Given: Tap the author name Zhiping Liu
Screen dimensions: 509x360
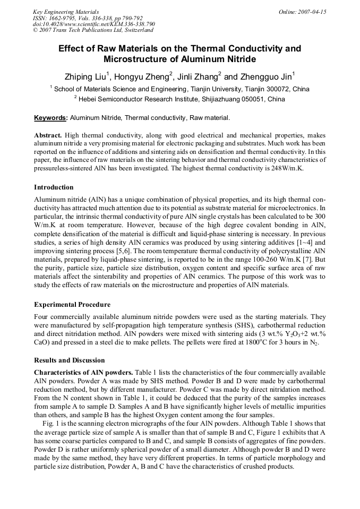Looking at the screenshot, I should (x=86, y=76).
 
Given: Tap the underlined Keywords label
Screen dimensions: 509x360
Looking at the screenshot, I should (x=51, y=118).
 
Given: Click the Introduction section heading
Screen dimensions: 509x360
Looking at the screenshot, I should (x=54, y=187).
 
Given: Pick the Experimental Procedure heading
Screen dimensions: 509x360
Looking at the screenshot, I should (x=72, y=305).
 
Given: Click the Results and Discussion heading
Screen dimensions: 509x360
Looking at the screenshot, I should (x=70, y=360).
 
